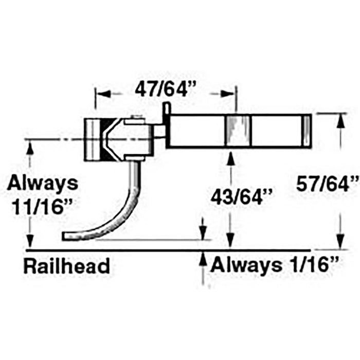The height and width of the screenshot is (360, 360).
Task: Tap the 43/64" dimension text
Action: coord(242,197)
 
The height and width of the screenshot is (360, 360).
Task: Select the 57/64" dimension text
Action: coord(328,184)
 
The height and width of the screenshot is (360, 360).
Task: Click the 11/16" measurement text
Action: coord(42,207)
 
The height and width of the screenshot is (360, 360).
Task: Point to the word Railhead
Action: coord(66,266)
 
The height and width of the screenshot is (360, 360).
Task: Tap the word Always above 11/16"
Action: coord(43,183)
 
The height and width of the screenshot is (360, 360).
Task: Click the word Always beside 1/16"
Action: coord(246,265)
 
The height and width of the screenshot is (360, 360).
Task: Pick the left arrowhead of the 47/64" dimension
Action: coord(103,94)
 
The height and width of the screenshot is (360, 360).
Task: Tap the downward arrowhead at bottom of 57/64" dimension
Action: coord(340,242)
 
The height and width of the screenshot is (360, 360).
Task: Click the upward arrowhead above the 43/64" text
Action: coord(230,158)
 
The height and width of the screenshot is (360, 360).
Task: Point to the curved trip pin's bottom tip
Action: coord(63,236)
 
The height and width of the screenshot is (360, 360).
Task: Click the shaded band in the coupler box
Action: coord(238,131)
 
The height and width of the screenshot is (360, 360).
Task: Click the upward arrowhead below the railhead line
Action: coord(203,259)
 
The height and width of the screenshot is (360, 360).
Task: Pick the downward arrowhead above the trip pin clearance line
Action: coord(203,232)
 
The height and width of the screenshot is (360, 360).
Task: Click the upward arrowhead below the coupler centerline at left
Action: coord(30,148)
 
